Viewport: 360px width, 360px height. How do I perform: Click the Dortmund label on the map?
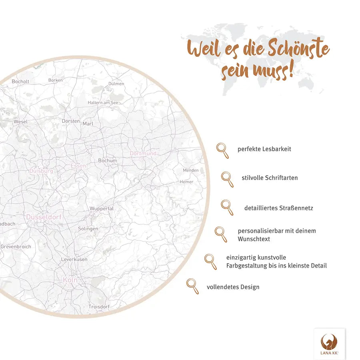(x=143, y=154)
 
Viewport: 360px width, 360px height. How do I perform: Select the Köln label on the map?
(x=70, y=280)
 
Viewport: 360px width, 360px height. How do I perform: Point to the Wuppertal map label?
(x=102, y=209)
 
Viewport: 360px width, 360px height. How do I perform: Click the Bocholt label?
(x=20, y=82)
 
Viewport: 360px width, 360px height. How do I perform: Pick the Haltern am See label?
(x=103, y=103)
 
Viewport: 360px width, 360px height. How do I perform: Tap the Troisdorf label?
(x=99, y=306)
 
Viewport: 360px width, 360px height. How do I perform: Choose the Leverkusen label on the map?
(x=74, y=260)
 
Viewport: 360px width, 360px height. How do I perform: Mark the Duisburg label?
(x=41, y=171)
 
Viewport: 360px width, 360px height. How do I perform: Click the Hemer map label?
(x=186, y=182)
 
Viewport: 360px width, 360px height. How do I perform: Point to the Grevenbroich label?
(x=16, y=247)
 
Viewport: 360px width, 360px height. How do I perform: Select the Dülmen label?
(x=116, y=84)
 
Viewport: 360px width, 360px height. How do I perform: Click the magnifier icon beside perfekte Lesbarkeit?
(x=222, y=150)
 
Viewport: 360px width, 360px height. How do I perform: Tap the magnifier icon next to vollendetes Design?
(x=192, y=286)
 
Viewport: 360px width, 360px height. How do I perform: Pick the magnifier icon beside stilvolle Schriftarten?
(x=227, y=179)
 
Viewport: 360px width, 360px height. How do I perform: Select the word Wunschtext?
(x=254, y=239)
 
